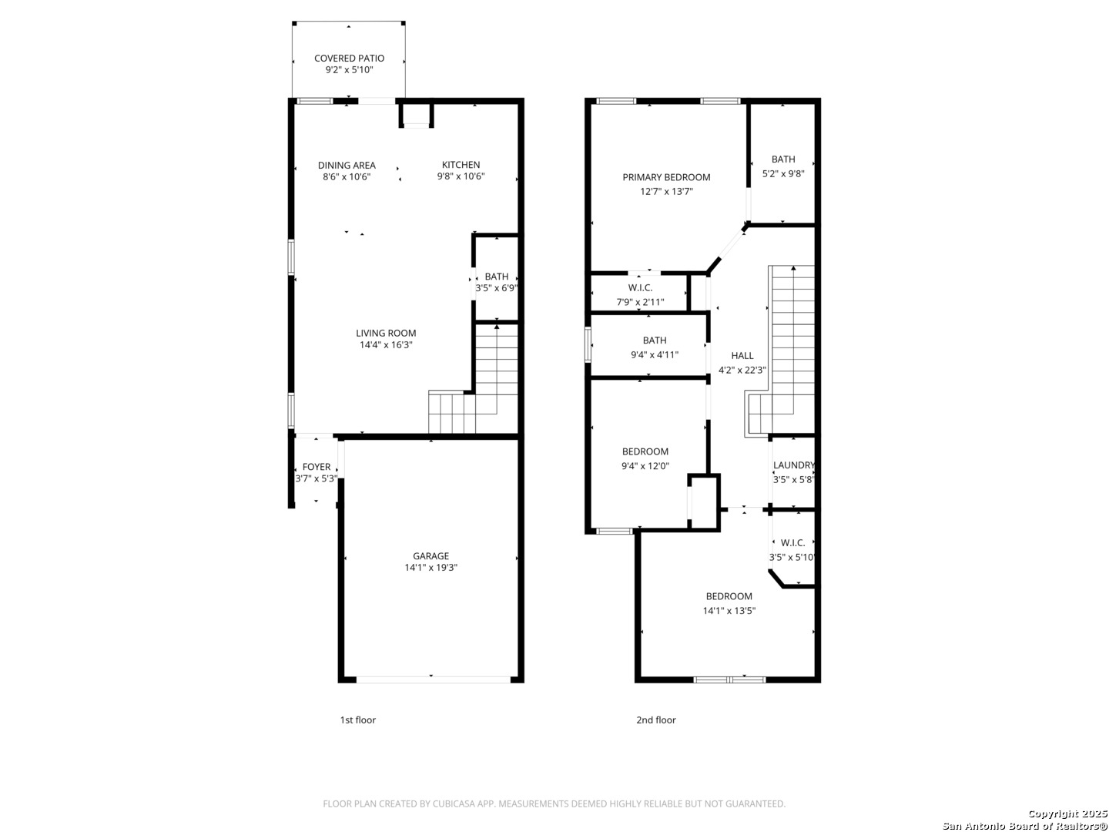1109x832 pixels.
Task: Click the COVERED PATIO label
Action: point(349,58)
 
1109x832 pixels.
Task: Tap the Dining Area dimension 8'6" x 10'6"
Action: point(347,177)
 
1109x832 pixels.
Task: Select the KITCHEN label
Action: point(461,165)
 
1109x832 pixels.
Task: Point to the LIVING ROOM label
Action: point(386,333)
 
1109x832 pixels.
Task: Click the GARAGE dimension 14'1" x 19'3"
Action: point(431,567)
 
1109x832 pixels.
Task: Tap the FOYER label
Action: point(317,467)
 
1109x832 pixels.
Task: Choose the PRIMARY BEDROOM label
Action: point(666,177)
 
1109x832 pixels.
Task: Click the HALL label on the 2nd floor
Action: point(742,356)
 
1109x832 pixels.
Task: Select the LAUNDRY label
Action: point(794,465)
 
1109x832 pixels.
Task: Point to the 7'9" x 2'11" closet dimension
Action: point(640,302)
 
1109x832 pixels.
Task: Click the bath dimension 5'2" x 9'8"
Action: point(783,174)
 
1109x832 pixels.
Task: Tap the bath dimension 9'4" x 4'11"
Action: point(655,354)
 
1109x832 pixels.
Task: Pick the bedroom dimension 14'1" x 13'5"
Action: point(729,611)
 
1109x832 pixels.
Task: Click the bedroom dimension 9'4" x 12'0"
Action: point(645,466)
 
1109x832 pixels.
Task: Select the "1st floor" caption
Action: point(357,720)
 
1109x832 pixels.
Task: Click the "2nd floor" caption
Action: point(656,720)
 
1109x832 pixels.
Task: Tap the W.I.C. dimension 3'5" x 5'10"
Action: point(792,557)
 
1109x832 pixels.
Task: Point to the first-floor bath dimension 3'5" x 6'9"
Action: point(497,288)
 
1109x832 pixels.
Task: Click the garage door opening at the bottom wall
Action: point(434,680)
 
